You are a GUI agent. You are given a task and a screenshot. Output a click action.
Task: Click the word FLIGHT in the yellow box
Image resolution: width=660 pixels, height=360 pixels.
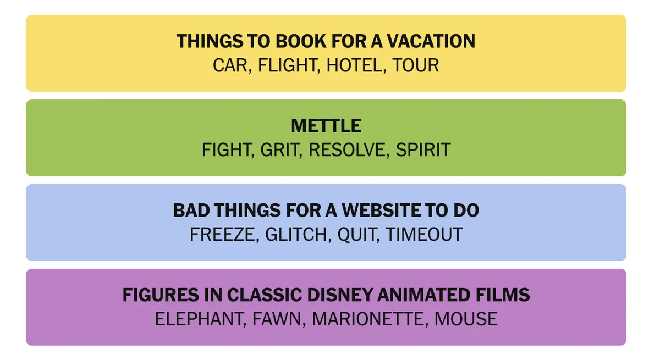point(287,65)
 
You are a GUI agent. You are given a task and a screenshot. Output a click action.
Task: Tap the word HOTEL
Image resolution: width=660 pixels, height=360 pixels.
point(354,65)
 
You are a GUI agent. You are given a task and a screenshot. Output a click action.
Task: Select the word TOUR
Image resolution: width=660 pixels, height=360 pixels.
point(415,65)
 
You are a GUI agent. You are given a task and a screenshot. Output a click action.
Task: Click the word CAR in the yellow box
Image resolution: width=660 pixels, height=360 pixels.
point(230,65)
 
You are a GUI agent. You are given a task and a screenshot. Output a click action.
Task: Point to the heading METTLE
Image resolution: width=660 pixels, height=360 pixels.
point(326,126)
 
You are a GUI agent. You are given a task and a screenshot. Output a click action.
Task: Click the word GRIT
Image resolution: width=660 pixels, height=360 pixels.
point(279,149)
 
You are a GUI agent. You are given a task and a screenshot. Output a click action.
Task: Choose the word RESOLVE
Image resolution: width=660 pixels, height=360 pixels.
point(347,149)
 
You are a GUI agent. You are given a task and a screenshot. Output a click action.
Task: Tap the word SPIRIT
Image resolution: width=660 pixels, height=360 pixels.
point(423,149)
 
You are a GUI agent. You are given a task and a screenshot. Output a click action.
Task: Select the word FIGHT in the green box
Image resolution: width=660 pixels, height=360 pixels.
point(226,149)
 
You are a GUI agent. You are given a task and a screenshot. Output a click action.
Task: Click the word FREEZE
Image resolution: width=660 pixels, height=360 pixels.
point(222,234)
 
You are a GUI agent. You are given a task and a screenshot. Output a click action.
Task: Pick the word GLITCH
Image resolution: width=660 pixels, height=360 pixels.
point(296,234)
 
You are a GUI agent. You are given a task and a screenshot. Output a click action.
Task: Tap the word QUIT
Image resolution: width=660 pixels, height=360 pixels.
point(357,235)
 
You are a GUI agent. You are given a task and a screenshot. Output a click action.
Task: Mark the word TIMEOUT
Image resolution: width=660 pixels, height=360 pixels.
point(424,234)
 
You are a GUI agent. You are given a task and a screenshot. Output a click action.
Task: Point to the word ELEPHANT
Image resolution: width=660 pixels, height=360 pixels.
point(199,319)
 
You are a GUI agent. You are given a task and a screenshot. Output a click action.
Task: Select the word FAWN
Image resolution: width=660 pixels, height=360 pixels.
point(276,319)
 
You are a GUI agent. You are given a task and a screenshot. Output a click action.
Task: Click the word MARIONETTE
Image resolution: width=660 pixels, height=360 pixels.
point(368,319)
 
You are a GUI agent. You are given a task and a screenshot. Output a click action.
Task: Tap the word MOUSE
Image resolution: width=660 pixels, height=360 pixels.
point(466,319)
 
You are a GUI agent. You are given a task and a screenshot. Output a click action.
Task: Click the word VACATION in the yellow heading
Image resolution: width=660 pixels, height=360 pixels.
point(431,41)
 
